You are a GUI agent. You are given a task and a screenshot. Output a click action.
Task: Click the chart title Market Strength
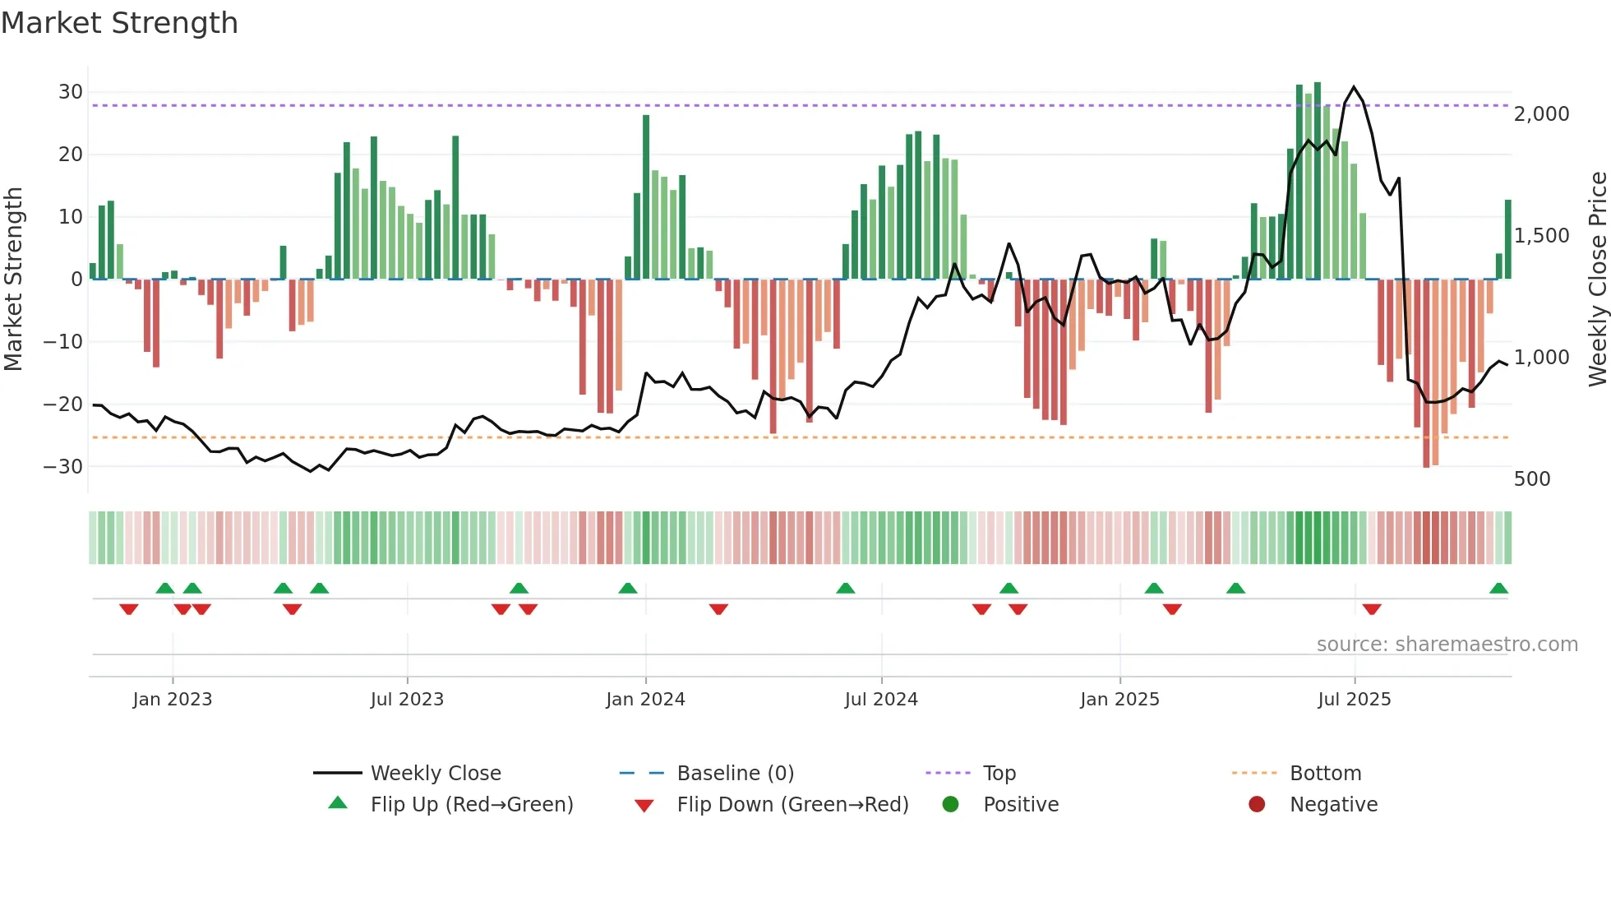(x=119, y=23)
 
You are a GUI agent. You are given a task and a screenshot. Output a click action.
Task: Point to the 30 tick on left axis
(x=71, y=92)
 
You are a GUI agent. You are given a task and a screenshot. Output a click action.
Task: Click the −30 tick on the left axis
(x=64, y=467)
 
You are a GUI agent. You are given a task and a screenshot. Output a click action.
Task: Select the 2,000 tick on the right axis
(x=1541, y=114)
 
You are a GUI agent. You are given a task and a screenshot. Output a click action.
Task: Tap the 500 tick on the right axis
(x=1532, y=479)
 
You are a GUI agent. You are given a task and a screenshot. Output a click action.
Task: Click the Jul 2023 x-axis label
(x=407, y=700)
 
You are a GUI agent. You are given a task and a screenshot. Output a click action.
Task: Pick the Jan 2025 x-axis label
(x=1119, y=700)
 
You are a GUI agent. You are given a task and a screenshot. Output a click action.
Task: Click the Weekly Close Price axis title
(x=1597, y=280)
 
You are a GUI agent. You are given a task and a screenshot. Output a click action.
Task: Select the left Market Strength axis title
(x=13, y=280)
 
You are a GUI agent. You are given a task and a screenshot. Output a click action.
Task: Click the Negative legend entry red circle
(x=1257, y=804)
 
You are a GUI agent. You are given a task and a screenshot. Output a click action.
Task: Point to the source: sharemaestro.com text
(x=1447, y=645)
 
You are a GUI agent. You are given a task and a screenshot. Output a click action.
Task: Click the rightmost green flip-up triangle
(x=1498, y=589)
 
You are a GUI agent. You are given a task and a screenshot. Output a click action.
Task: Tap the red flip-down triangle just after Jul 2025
(x=1372, y=609)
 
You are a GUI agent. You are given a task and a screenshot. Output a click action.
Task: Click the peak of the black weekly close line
(x=1354, y=86)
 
